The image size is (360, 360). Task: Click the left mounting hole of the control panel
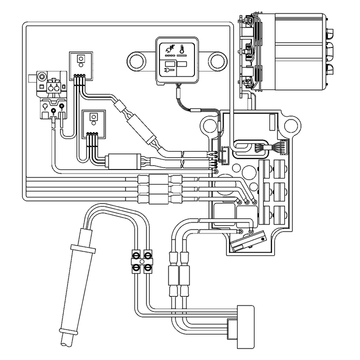[137, 61]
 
